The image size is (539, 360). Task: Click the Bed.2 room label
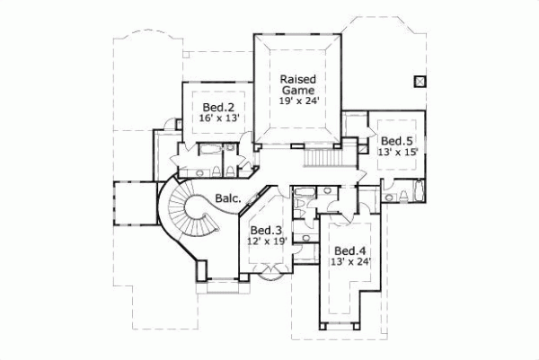[x=213, y=106]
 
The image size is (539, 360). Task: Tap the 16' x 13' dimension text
[x=213, y=118]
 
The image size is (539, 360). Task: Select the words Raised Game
[x=297, y=84]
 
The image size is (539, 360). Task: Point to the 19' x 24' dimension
[x=297, y=101]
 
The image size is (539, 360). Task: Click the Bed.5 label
[x=395, y=141]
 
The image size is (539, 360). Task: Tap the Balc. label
[x=227, y=199]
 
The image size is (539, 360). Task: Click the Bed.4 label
[x=349, y=250]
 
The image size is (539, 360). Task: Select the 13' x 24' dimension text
[x=349, y=262]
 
